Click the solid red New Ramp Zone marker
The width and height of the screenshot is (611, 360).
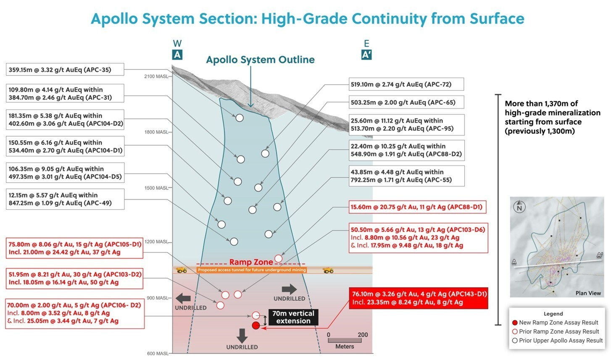255,326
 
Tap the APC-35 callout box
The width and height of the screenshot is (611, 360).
65,70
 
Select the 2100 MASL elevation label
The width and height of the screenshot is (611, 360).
156,76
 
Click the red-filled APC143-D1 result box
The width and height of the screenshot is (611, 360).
418,298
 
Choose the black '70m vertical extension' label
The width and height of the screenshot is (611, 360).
293,317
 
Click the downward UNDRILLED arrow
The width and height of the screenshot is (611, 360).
242,335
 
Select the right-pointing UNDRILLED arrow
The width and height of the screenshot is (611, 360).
289,289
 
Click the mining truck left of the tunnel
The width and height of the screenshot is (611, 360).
182,270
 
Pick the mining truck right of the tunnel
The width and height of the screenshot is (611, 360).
328,270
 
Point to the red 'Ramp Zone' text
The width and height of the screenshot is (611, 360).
251,262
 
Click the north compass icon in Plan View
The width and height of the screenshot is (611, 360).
519,207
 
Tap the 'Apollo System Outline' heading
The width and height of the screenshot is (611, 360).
260,60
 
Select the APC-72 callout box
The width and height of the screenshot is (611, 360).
406,84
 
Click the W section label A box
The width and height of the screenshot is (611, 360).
177,55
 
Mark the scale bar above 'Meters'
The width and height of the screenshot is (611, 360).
345,340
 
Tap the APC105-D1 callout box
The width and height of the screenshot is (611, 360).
75,248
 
